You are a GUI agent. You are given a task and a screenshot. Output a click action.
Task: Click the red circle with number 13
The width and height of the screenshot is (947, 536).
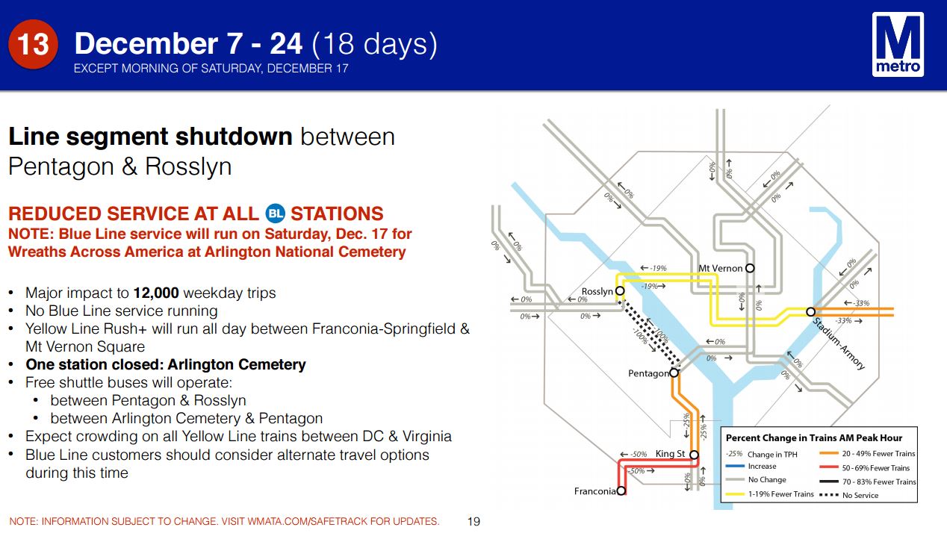point(33,44)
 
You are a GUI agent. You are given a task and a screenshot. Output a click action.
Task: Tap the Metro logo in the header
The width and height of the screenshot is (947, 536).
point(898,44)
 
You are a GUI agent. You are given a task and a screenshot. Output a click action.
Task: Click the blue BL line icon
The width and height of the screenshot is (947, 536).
point(276,214)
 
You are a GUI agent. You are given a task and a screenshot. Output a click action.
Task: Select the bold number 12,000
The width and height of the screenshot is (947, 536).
point(156,293)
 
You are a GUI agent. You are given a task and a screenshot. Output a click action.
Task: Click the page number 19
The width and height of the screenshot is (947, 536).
point(473,521)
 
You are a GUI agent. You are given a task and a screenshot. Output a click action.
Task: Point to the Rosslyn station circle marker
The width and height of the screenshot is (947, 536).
point(620,291)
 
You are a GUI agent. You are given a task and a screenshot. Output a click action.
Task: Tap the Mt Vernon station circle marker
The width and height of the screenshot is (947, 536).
point(750,268)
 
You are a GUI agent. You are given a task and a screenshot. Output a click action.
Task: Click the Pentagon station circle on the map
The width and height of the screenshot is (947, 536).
point(674,373)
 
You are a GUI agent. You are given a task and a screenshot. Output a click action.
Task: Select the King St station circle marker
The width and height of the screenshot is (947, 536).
point(694,455)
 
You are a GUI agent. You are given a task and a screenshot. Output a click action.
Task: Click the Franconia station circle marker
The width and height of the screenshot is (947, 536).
point(621,490)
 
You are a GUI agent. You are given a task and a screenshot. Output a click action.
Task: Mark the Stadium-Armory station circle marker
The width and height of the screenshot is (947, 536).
point(810,312)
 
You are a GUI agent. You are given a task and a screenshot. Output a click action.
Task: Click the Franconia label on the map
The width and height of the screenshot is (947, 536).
point(594,491)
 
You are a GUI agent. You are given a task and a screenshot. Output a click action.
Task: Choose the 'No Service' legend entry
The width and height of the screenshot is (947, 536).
point(849,495)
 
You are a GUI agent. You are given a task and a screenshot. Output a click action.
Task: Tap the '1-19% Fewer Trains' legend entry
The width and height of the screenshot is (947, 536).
point(769,493)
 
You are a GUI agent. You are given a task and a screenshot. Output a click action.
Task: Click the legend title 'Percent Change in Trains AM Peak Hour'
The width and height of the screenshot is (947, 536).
point(814,438)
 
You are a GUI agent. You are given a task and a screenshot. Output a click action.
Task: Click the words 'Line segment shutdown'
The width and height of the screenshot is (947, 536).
point(150,137)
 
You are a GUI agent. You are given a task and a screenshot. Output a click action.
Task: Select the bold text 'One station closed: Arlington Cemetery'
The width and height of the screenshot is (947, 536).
point(166,364)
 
